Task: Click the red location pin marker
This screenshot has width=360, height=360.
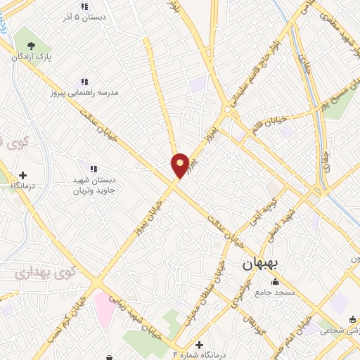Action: pos(180,165)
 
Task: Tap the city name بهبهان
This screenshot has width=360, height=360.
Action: pos(262,264)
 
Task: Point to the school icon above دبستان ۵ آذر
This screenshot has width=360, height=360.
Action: pos(84,7)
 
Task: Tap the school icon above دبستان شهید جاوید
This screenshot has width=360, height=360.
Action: pos(93,168)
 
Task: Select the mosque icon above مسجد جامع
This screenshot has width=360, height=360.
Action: pos(275,282)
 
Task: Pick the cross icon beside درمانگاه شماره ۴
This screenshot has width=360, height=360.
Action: pos(200,345)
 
